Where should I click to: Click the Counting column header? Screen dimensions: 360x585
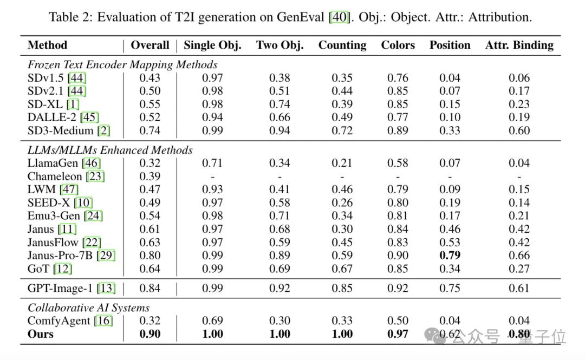pos(342,45)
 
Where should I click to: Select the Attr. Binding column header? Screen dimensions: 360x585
pos(519,45)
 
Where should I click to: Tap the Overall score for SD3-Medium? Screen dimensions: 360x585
pos(150,130)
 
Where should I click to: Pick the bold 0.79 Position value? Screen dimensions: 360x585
pos(450,256)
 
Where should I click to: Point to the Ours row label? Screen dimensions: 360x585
pos(41,334)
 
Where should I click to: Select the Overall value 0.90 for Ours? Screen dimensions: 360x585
pos(150,334)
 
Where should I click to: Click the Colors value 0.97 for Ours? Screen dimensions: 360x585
pos(398,334)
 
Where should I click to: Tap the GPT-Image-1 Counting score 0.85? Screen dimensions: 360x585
pos(342,289)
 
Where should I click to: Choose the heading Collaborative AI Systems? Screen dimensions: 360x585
pos(89,308)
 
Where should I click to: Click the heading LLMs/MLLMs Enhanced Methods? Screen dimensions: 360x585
pos(110,150)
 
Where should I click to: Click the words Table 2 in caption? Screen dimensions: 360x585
pos(69,17)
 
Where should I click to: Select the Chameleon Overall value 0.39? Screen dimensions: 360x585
pos(150,176)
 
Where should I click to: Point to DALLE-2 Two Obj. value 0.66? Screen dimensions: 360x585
pos(279,117)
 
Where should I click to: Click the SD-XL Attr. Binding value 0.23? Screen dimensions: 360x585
pos(519,104)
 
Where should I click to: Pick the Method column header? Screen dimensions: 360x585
pos(47,45)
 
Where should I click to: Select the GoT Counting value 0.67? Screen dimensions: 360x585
pos(342,269)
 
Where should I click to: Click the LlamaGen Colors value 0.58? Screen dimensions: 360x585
pos(398,163)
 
